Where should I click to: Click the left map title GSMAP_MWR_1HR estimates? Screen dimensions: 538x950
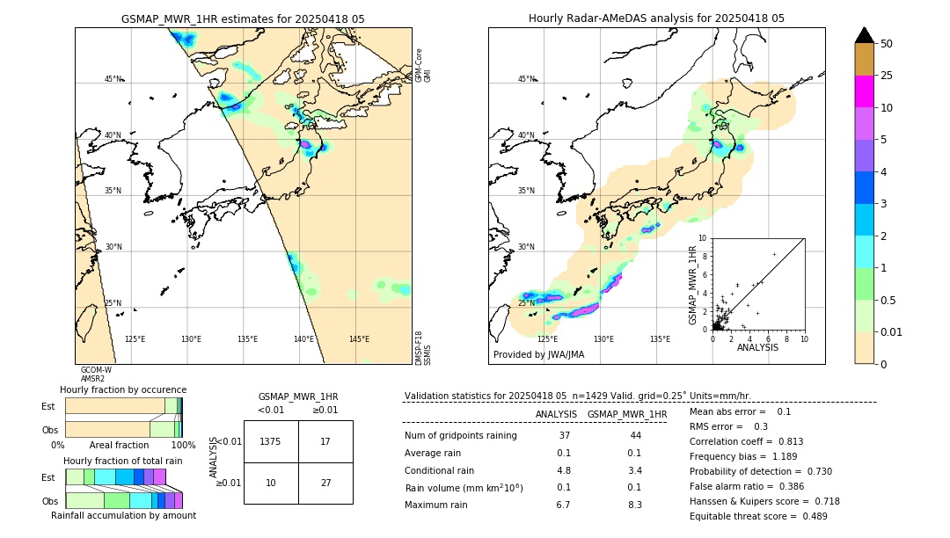243,18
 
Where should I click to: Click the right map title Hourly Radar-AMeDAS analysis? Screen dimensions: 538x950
656,18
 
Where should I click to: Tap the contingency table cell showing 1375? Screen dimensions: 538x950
271,441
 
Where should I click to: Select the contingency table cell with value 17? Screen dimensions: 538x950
325,441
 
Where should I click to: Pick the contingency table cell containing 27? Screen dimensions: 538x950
325,483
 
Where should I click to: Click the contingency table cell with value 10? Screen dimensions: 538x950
271,483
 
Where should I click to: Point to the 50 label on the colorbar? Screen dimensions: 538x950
887,44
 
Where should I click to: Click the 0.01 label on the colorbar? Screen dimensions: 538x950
892,331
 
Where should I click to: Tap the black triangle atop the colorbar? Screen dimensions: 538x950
864,35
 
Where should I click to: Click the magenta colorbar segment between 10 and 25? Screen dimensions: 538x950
864,91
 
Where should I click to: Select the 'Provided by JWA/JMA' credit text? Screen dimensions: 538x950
538,355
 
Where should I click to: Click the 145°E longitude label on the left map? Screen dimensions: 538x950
359,339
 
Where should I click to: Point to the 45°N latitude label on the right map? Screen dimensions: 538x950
526,80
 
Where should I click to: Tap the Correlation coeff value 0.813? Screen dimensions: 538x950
785,441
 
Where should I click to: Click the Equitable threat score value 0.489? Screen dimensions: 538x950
809,516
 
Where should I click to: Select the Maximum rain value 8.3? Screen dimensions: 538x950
634,505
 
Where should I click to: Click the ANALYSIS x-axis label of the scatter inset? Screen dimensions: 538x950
757,348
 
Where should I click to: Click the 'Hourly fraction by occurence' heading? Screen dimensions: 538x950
123,389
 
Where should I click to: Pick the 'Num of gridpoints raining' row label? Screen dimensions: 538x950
460,436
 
